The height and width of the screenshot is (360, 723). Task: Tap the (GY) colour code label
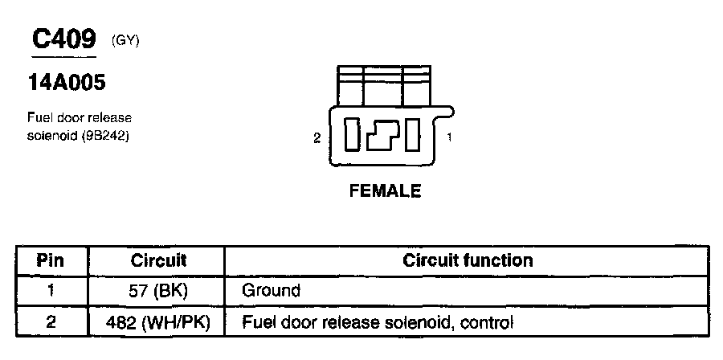tap(125, 40)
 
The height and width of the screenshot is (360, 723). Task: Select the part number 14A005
tap(68, 82)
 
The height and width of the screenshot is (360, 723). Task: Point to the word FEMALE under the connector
tap(385, 191)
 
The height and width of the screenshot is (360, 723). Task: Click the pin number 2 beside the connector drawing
tap(317, 138)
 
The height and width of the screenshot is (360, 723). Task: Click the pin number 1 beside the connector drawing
tap(449, 137)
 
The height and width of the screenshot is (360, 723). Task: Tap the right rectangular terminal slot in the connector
tap(413, 134)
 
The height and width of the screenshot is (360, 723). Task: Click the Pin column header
tap(51, 260)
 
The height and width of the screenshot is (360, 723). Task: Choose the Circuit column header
tap(158, 260)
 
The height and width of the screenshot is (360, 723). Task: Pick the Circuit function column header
tap(467, 260)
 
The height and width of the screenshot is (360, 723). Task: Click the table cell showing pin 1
tap(51, 291)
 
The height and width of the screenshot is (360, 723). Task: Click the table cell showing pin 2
tap(51, 322)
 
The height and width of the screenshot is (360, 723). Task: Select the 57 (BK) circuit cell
tap(158, 291)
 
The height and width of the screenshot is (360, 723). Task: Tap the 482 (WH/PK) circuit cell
tap(158, 322)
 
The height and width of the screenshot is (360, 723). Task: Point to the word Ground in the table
tap(271, 291)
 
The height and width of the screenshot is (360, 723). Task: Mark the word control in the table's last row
tap(485, 322)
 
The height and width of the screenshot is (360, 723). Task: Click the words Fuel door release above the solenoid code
tap(80, 117)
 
